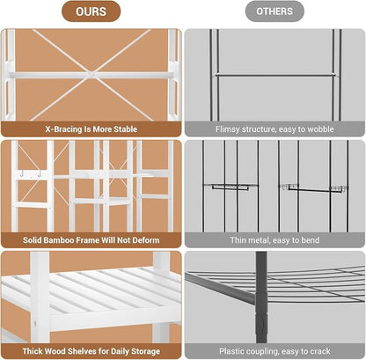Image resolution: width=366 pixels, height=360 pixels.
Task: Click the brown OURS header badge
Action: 91,11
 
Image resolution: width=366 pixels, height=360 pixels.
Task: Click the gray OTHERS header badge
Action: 274,11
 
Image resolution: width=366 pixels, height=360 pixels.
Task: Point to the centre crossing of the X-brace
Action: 91,74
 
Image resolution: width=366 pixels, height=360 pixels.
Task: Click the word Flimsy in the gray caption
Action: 227,129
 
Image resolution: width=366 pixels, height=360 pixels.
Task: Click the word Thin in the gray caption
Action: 238,240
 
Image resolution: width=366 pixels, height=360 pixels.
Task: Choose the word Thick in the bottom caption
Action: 33,351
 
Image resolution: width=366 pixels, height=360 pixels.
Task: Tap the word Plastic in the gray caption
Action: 231,351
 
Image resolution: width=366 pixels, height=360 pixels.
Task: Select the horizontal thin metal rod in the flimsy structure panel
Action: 275,76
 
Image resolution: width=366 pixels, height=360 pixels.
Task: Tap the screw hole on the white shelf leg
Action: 35,324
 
